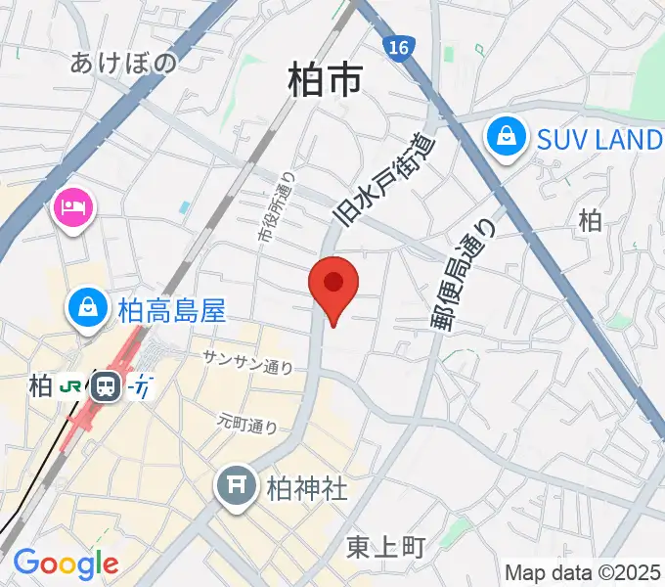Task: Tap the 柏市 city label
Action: coord(325,79)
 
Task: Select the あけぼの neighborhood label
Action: coord(124,64)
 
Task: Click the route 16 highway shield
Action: coord(396,47)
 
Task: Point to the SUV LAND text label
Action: coord(599,139)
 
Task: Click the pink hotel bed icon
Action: coord(72,207)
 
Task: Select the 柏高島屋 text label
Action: coord(171,311)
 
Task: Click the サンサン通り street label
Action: coord(247,362)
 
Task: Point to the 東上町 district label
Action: coord(386,547)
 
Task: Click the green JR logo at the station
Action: coord(70,385)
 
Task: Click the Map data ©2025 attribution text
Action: coord(583,572)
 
